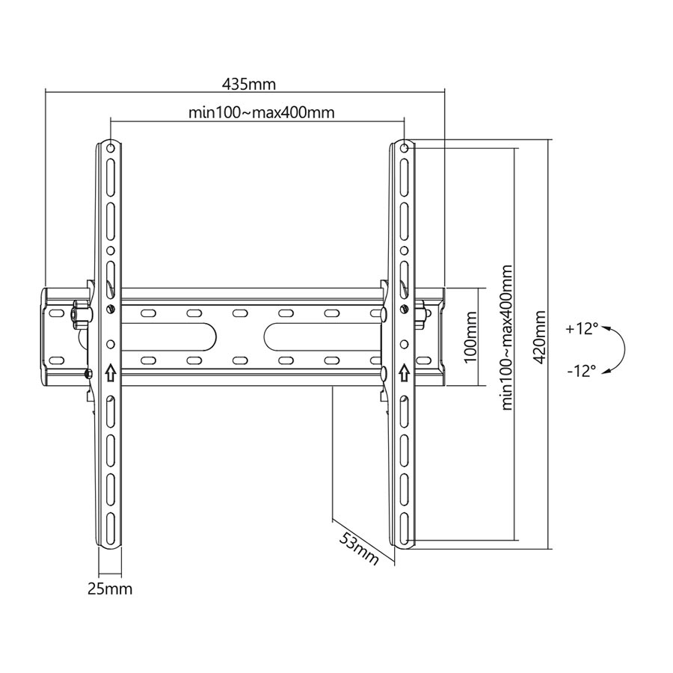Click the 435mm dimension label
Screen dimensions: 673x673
[x=245, y=82]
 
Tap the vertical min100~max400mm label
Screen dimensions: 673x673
[x=508, y=337]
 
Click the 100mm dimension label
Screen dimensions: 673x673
[x=471, y=338]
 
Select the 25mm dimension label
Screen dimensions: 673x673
[x=109, y=589]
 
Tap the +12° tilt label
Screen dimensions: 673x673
[x=583, y=328]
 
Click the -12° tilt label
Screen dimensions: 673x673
[x=583, y=369]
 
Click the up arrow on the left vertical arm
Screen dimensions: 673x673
[x=111, y=372]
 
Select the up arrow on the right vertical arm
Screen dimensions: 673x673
[x=405, y=372]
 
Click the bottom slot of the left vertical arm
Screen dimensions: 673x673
[x=111, y=526]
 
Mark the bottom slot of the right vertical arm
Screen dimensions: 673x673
[x=405, y=526]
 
